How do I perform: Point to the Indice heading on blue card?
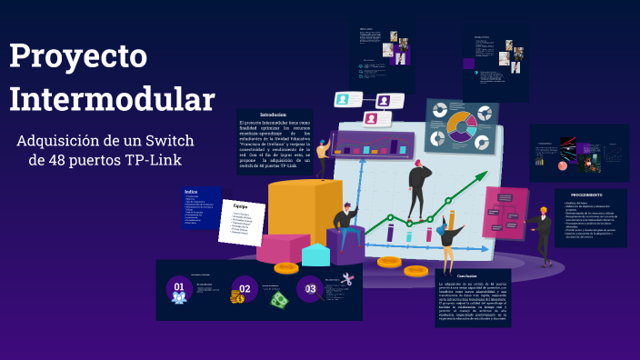pos(191,192)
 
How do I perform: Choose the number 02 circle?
pos(243,287)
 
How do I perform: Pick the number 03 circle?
pos(310,289)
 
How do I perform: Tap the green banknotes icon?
pos(278,297)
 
